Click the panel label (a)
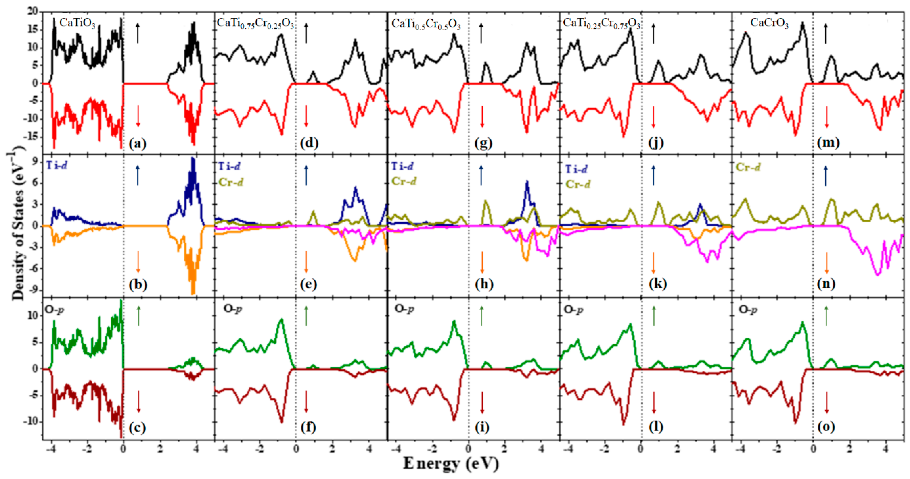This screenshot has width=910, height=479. (x=137, y=144)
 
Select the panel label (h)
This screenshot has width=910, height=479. (x=484, y=284)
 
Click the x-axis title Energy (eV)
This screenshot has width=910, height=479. (x=451, y=463)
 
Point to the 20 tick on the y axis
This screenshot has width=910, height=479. (x=33, y=12)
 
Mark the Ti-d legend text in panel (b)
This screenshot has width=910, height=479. (x=57, y=165)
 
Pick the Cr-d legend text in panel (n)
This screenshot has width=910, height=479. (x=748, y=167)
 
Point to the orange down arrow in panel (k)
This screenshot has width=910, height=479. (x=653, y=263)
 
